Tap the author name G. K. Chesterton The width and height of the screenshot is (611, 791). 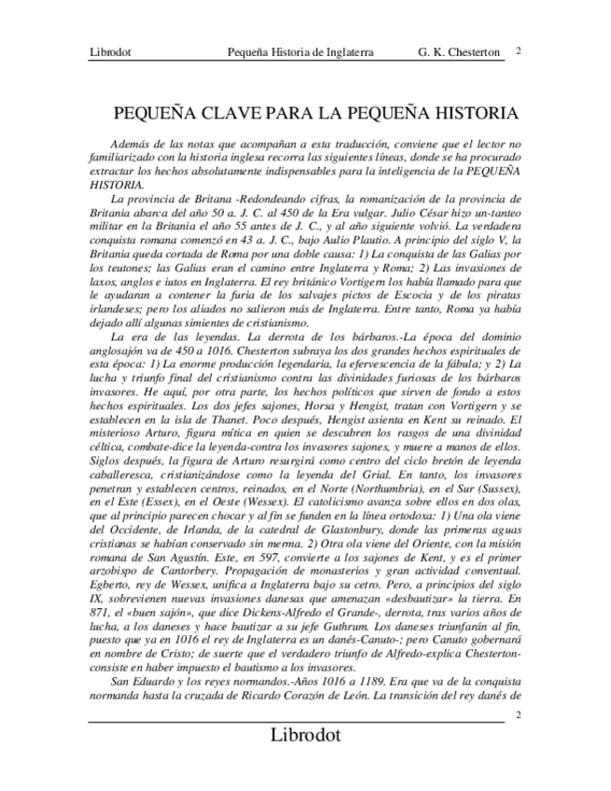point(460,53)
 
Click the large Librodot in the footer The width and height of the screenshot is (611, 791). point(305,735)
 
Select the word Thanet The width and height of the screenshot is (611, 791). point(243,420)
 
